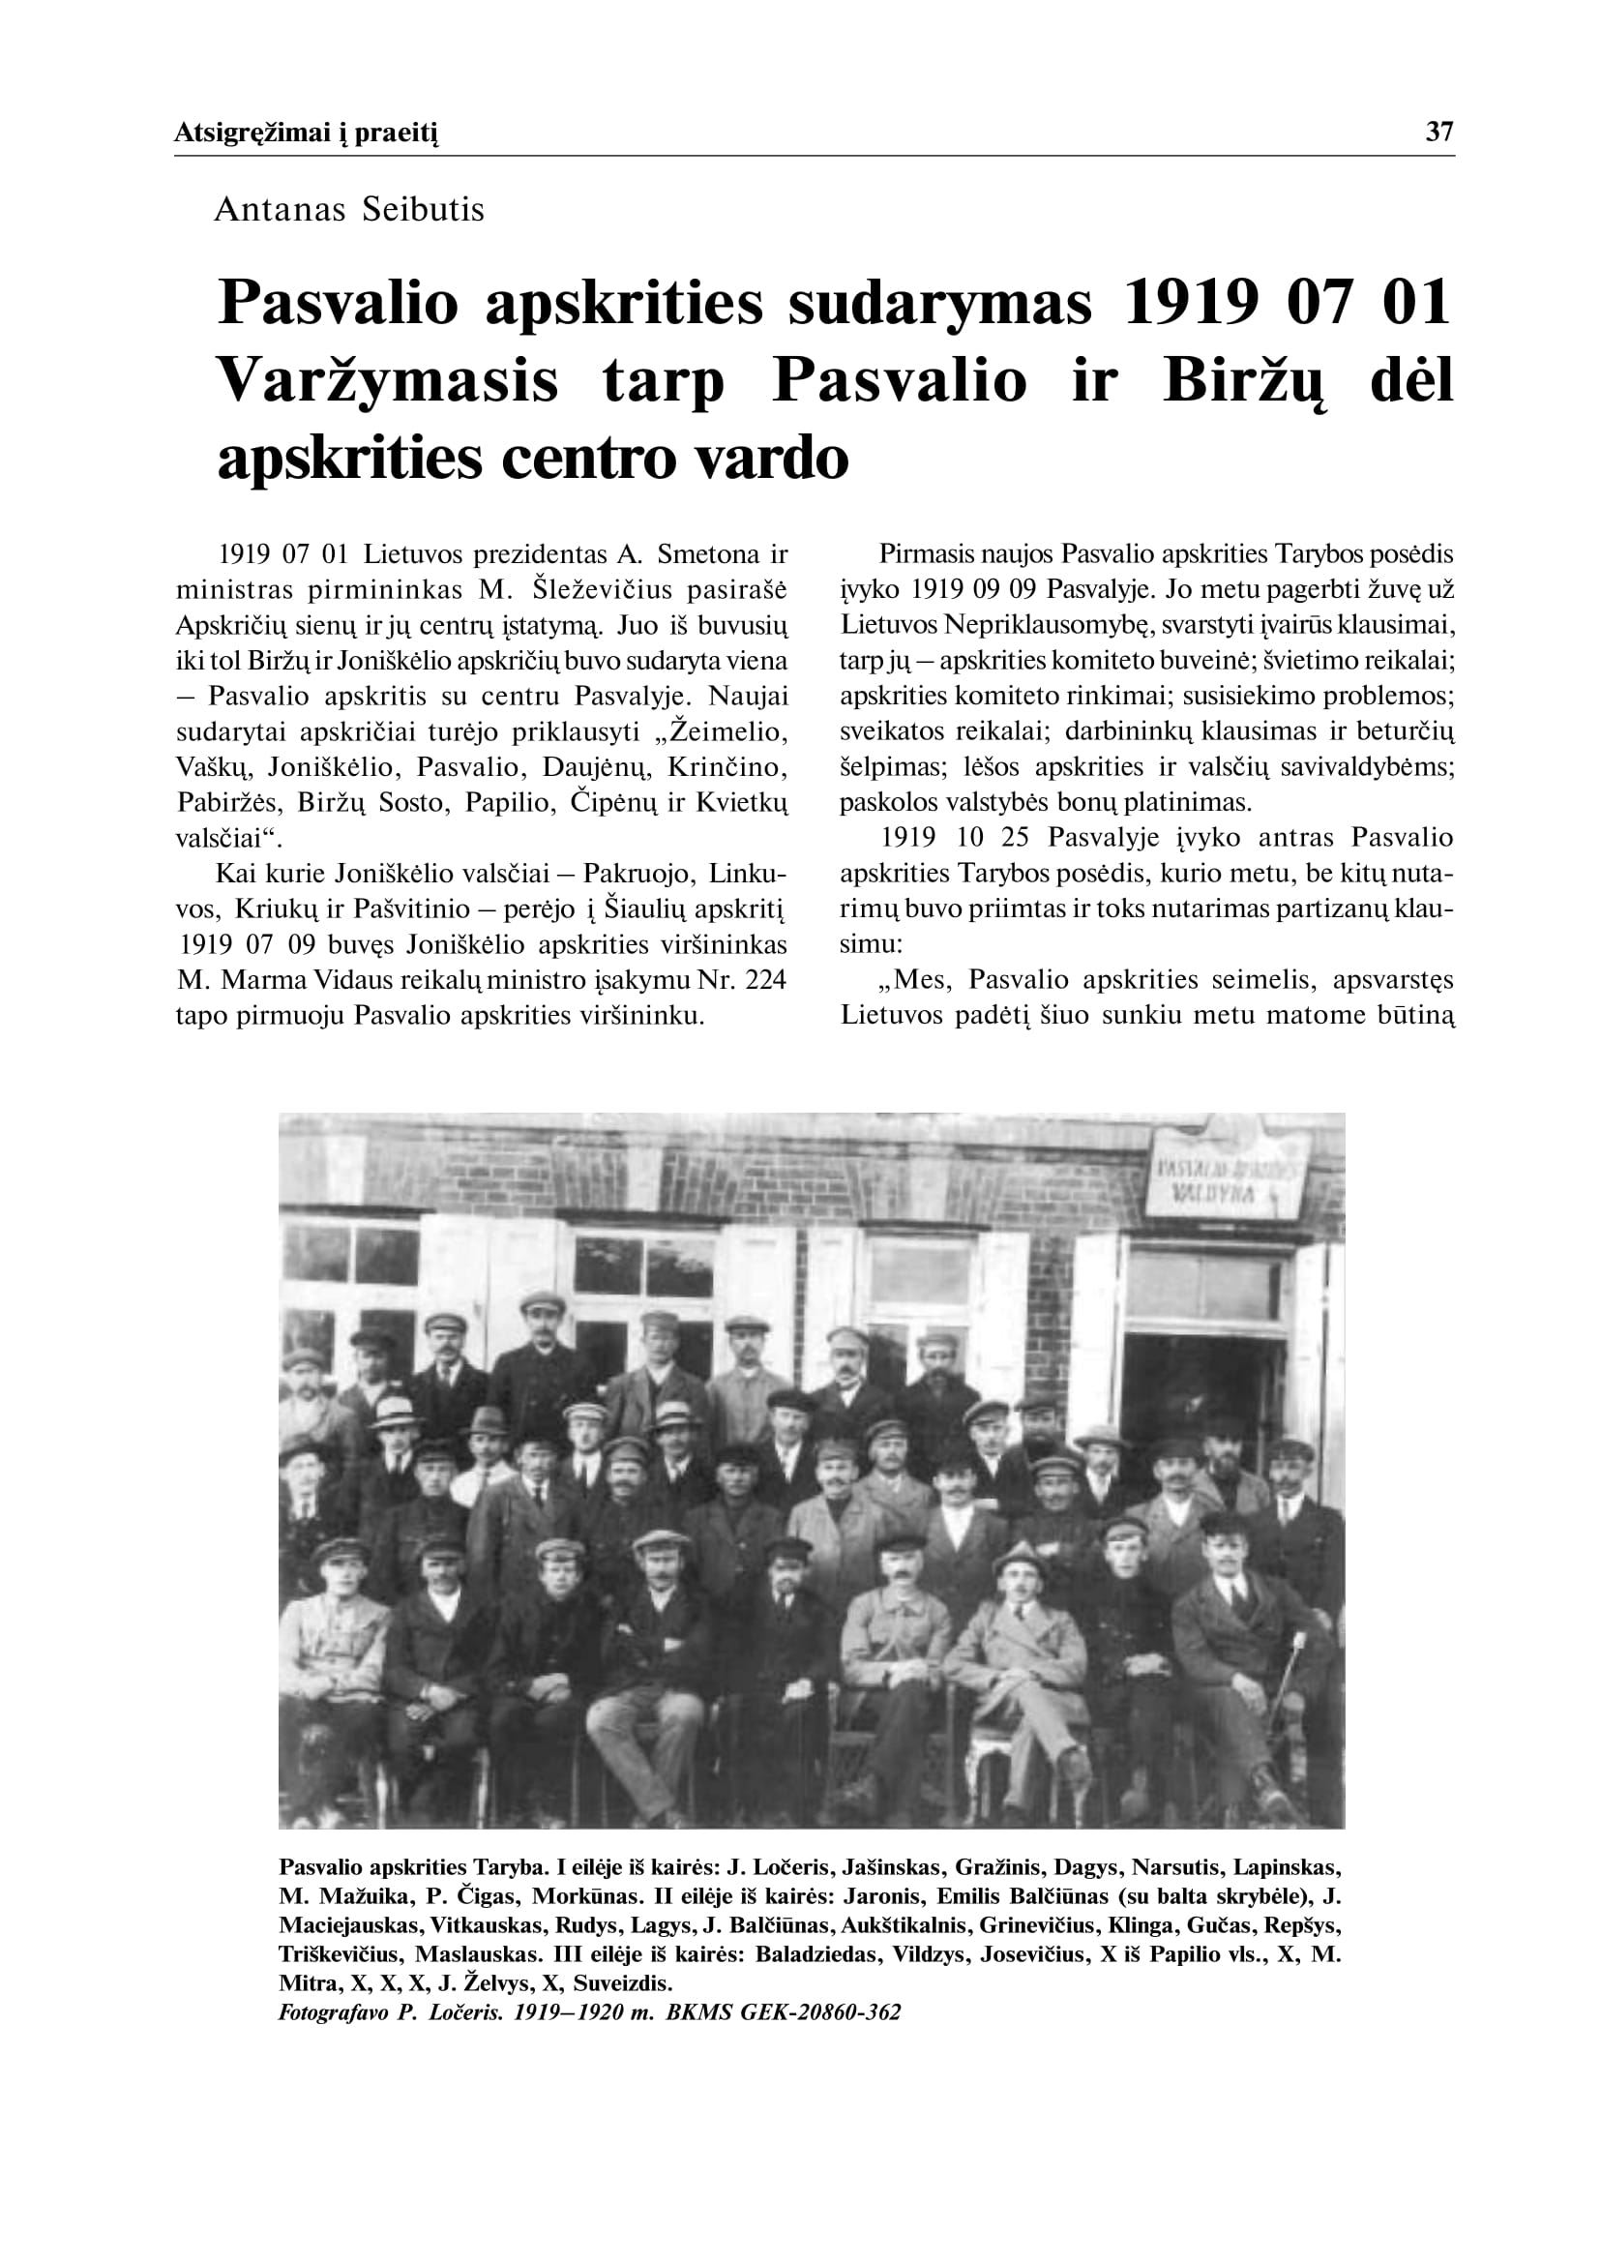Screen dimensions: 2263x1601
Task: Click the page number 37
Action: click(1439, 133)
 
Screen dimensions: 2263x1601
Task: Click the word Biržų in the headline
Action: click(1246, 381)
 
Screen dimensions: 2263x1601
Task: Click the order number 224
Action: click(764, 980)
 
